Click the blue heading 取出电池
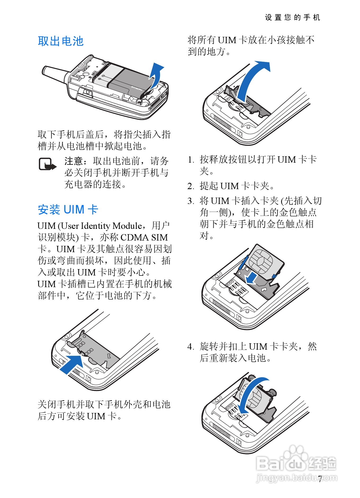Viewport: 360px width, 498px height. point(61,41)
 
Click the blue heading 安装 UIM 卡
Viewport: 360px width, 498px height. point(68,210)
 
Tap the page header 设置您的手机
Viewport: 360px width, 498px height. point(292,17)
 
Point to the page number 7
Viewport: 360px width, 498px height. point(320,479)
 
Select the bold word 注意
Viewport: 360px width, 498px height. point(74,161)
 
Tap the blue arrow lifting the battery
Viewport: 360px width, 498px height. point(156,75)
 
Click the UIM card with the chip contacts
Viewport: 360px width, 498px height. point(265,261)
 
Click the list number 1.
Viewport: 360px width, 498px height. point(190,160)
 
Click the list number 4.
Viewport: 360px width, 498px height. point(190,346)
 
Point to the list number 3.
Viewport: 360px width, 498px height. point(190,201)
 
